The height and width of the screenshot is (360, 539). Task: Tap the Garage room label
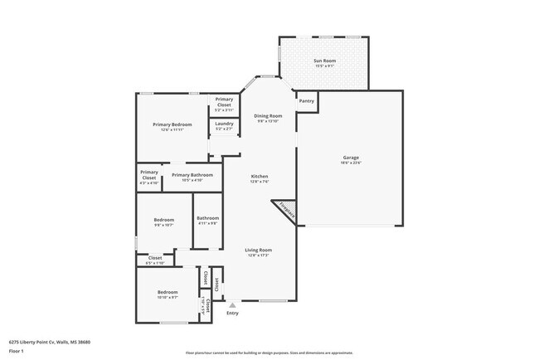pos(351,158)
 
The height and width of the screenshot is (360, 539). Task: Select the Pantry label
pos(306,101)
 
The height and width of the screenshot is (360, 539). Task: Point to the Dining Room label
pos(268,118)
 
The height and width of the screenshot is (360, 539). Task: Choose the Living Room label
pos(258,251)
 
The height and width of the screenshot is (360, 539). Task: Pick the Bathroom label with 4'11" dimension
pos(207,221)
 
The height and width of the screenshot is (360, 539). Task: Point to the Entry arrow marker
pos(232,305)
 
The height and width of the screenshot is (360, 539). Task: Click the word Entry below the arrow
pos(232,313)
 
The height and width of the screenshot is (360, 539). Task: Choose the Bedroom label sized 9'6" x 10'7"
pos(163,221)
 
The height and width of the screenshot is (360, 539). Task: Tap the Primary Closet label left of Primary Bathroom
pos(149,176)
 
